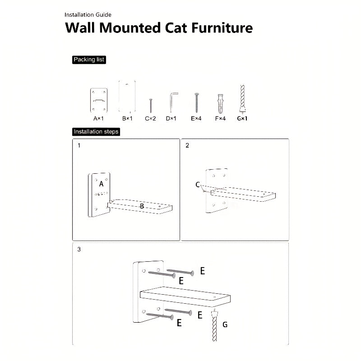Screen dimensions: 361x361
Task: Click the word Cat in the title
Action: tap(174, 28)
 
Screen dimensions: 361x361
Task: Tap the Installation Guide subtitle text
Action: tap(88, 15)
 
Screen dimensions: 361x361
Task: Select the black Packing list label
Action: tap(89, 60)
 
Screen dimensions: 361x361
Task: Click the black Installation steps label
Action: tap(96, 132)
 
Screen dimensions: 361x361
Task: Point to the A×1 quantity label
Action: tap(99, 119)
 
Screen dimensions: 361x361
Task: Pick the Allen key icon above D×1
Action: tap(173, 101)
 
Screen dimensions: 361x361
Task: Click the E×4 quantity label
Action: tap(196, 119)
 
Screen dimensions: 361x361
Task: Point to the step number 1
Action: tap(79, 146)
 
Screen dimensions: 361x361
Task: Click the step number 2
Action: tap(187, 146)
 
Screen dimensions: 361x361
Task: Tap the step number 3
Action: tap(79, 249)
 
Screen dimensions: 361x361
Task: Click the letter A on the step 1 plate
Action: tap(101, 184)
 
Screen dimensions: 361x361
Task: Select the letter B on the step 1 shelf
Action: tap(141, 206)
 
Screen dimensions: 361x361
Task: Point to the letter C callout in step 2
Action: tap(198, 184)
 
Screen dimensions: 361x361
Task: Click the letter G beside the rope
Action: tap(225, 324)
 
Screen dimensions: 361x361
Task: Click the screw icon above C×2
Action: tap(150, 105)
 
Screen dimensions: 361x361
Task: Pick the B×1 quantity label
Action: tap(127, 119)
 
